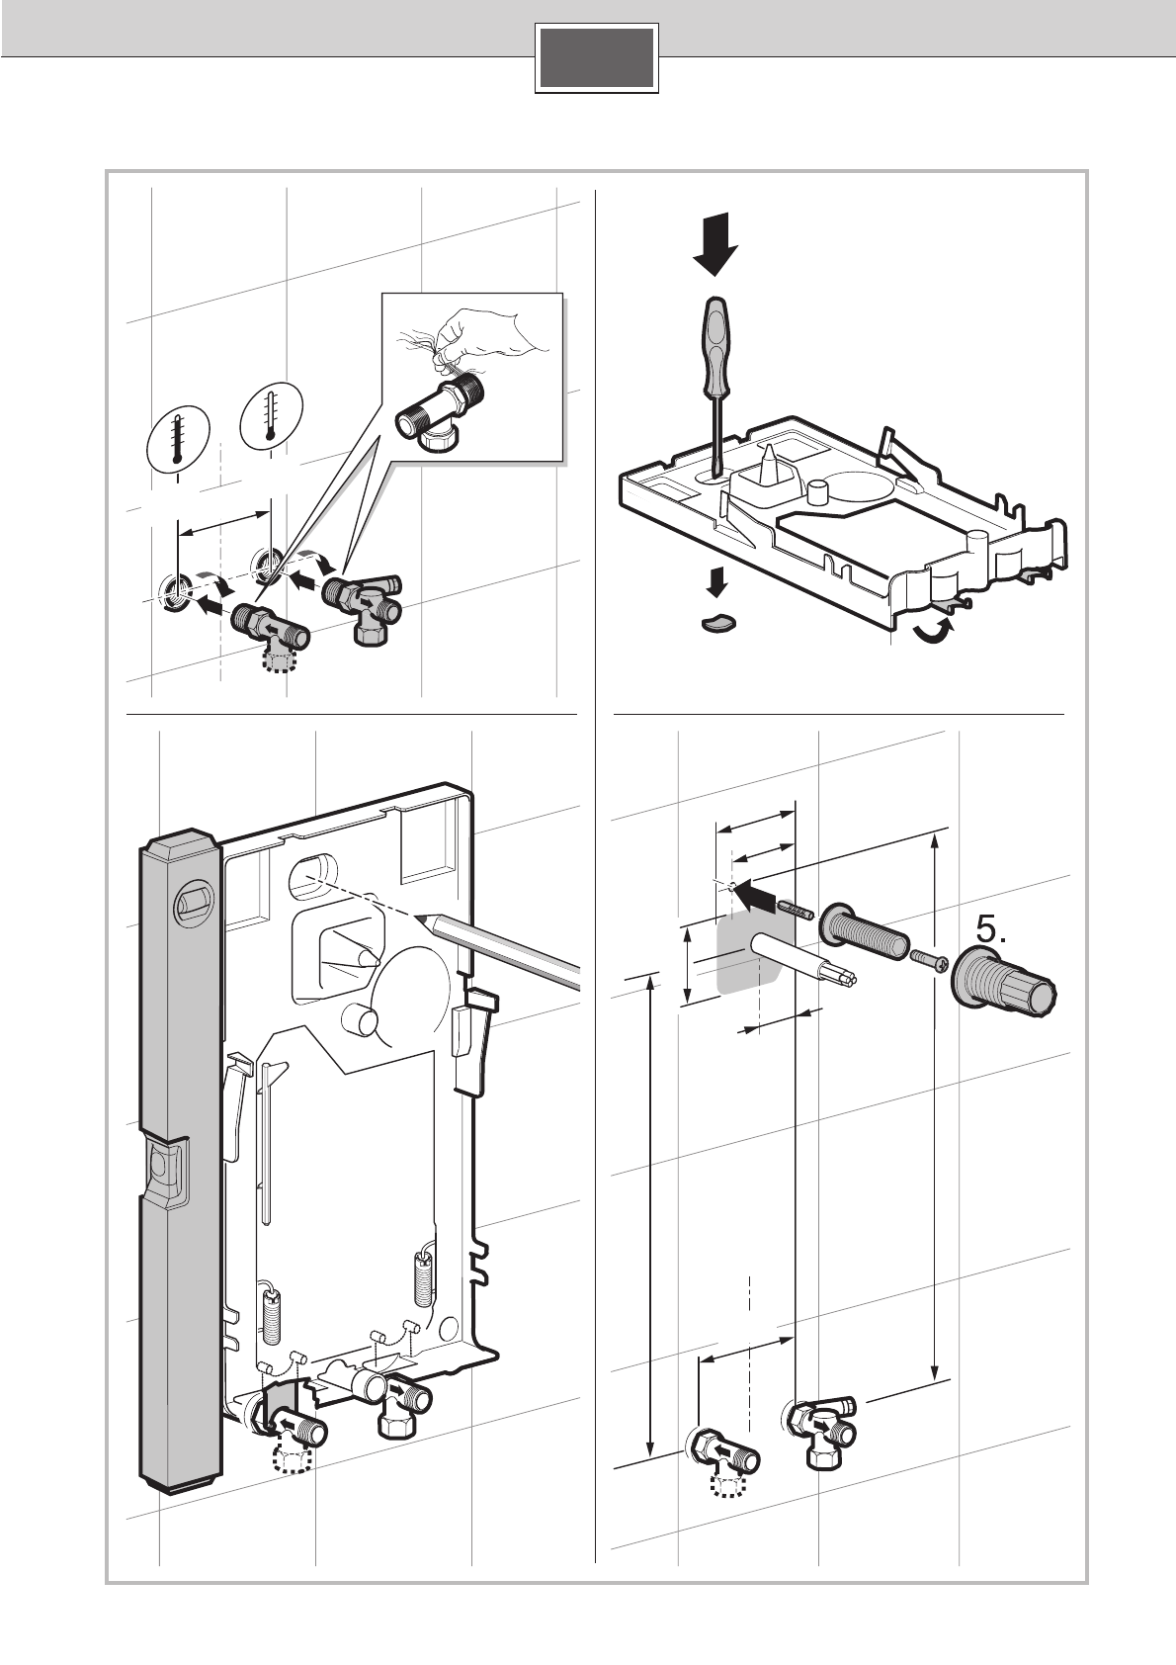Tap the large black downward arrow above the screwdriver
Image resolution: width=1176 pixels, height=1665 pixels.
715,244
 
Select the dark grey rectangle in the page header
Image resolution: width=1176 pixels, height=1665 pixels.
597,58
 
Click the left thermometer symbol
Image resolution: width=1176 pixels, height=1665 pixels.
177,439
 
